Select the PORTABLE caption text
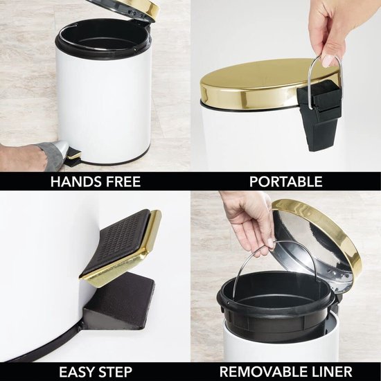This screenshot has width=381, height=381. coord(285,182)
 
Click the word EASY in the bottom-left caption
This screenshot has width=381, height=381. coord(76,371)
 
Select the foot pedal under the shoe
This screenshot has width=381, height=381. coord(72,159)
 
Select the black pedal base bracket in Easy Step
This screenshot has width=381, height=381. coord(125,301)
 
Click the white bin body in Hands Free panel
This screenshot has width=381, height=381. coord(104,104)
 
